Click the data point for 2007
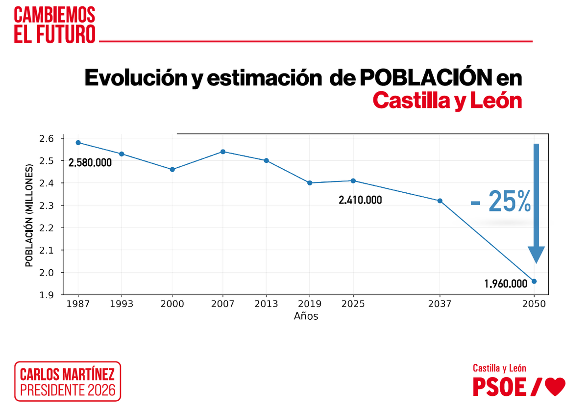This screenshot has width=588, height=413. click(x=223, y=152)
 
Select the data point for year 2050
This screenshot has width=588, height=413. click(x=534, y=281)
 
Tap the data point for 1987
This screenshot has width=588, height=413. click(x=78, y=143)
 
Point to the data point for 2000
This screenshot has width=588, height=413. click(x=172, y=169)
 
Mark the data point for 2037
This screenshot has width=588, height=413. click(x=440, y=201)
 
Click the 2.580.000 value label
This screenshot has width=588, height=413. click(x=90, y=162)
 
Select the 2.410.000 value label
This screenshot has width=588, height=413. click(x=360, y=200)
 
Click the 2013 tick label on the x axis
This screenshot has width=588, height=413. click(x=266, y=304)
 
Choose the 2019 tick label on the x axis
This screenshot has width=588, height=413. click(x=310, y=304)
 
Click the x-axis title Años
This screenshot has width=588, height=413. click(x=306, y=316)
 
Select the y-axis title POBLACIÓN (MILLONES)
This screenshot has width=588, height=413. click(x=29, y=216)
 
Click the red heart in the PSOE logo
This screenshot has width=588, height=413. click(x=555, y=387)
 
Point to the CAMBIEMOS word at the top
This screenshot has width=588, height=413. click(x=54, y=15)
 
